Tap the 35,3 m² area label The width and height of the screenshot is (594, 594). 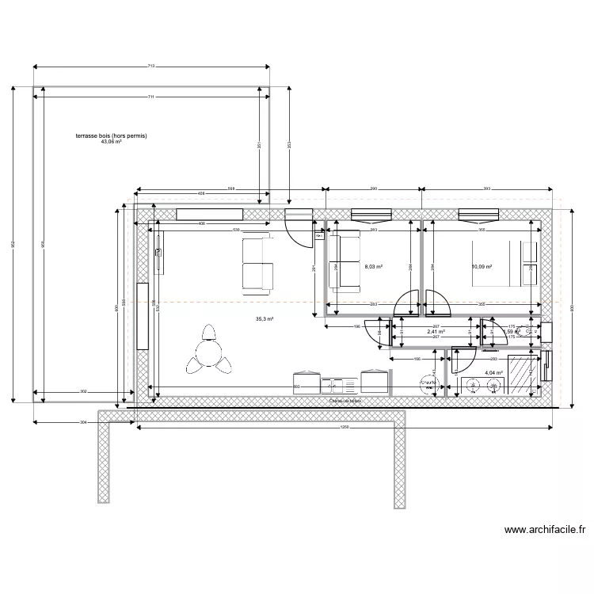[x=264, y=319]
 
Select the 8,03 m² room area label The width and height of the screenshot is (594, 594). [x=373, y=268]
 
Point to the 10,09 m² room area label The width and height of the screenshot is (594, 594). [x=482, y=268]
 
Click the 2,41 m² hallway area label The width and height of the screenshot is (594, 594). [x=436, y=333]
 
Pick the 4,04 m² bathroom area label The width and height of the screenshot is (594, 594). [x=493, y=371]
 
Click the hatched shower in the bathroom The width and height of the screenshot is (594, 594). [x=523, y=375]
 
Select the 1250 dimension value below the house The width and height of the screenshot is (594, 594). [x=345, y=428]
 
